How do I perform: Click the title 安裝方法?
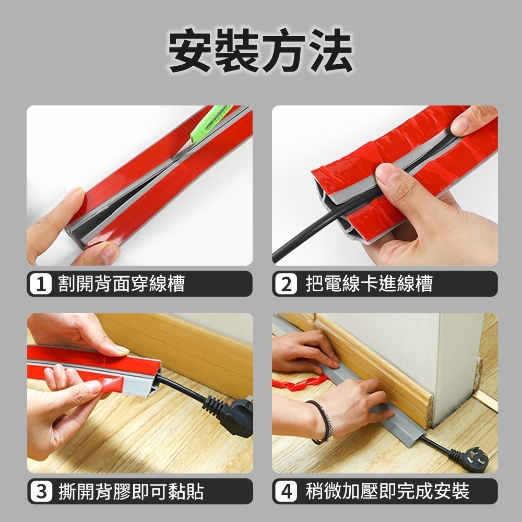tap(260, 50)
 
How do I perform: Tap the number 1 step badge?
tap(41, 284)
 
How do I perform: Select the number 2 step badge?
tap(286, 284)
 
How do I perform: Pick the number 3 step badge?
tap(41, 491)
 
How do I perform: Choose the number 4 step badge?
tap(286, 491)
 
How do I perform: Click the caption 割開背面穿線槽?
tap(122, 283)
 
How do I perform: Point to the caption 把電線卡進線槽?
tap(369, 283)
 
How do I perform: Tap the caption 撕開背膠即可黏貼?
tap(131, 491)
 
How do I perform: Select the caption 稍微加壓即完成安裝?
tap(387, 491)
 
